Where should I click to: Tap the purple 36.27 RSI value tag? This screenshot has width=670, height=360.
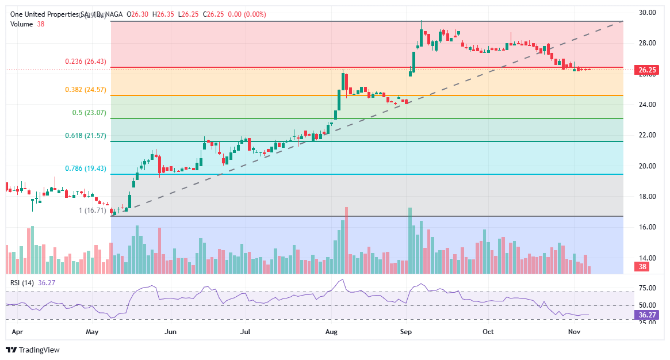click(x=647, y=315)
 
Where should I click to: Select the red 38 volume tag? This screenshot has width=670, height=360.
click(x=643, y=267)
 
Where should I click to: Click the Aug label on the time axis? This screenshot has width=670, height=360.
click(x=331, y=332)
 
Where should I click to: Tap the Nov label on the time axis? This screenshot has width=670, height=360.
click(x=574, y=332)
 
